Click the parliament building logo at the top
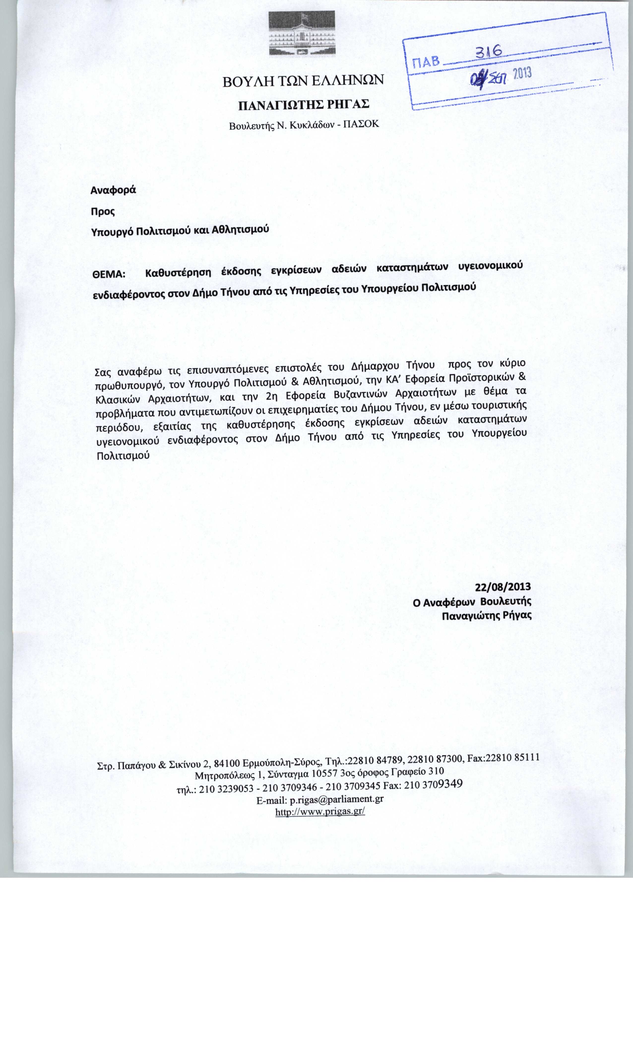(302, 33)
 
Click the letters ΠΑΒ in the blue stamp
(426, 64)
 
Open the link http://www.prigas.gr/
(320, 812)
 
